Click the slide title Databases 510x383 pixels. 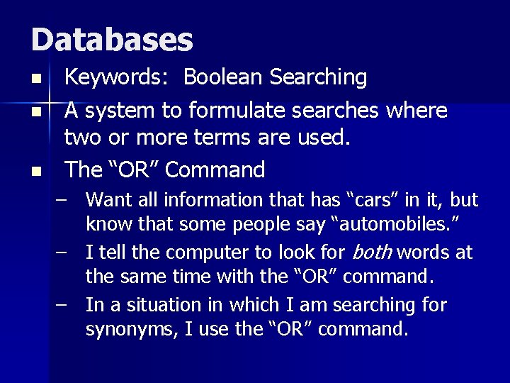112,40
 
